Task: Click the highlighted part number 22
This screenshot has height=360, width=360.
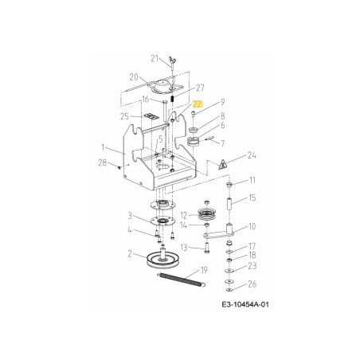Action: coord(197,104)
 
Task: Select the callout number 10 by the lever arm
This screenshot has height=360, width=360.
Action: coord(252,226)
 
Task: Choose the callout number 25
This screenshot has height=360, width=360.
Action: coord(124,116)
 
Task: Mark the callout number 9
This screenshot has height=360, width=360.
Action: coord(223,102)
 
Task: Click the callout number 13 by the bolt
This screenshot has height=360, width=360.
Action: coord(182,247)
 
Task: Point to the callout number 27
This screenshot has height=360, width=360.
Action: coord(201,88)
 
